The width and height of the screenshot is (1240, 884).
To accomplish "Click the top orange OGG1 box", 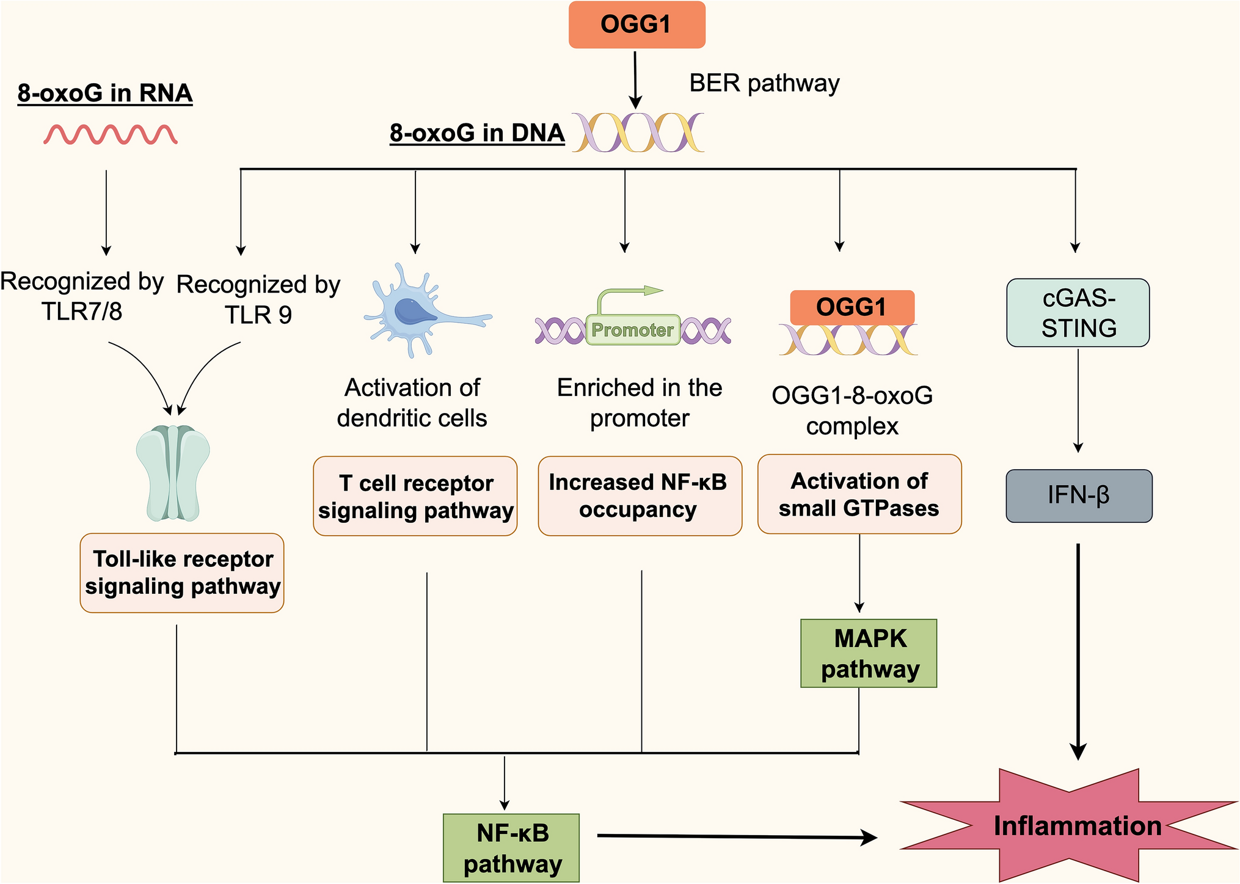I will pos(636,25).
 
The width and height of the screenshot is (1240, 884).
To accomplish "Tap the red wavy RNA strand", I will pos(111,134).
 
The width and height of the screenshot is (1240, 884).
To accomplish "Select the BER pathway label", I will pos(764,83).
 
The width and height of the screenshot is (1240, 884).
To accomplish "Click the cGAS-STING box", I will pos(1078,313).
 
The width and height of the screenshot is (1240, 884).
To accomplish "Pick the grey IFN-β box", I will pos(1078,495).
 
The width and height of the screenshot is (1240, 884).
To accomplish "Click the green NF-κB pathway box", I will pos(511,848).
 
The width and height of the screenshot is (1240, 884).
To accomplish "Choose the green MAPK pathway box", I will pos(868,653).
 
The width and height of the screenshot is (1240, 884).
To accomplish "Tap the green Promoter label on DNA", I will pos(633,330).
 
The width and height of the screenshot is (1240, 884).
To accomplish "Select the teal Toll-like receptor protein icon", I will pos(173,473).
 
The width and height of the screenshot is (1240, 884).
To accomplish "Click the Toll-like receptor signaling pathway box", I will pos(182,572).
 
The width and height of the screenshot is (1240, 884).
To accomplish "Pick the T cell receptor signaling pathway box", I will pos(415,496).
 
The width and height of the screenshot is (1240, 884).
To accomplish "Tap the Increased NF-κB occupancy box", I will pos(640,495).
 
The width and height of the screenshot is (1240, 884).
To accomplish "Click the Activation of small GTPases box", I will pos(859,494).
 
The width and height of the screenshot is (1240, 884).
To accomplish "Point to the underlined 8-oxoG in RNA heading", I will pos(105,93).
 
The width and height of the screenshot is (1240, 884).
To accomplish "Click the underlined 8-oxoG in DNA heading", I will pos(477,133).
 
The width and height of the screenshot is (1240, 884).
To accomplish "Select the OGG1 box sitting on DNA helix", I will pos(852,307).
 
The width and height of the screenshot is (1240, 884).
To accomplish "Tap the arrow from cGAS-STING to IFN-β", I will pos(1078,400).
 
